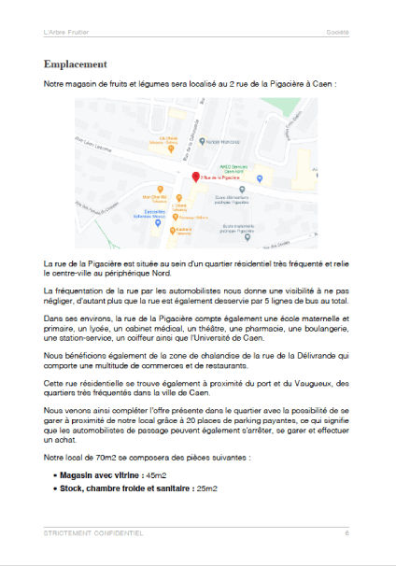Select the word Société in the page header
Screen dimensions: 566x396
tap(337, 32)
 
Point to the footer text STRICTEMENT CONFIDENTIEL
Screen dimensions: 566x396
tap(93, 533)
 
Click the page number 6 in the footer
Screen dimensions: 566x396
tap(346, 533)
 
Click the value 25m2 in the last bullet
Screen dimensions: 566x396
tap(206, 488)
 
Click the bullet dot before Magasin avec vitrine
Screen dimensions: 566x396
tap(56, 475)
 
